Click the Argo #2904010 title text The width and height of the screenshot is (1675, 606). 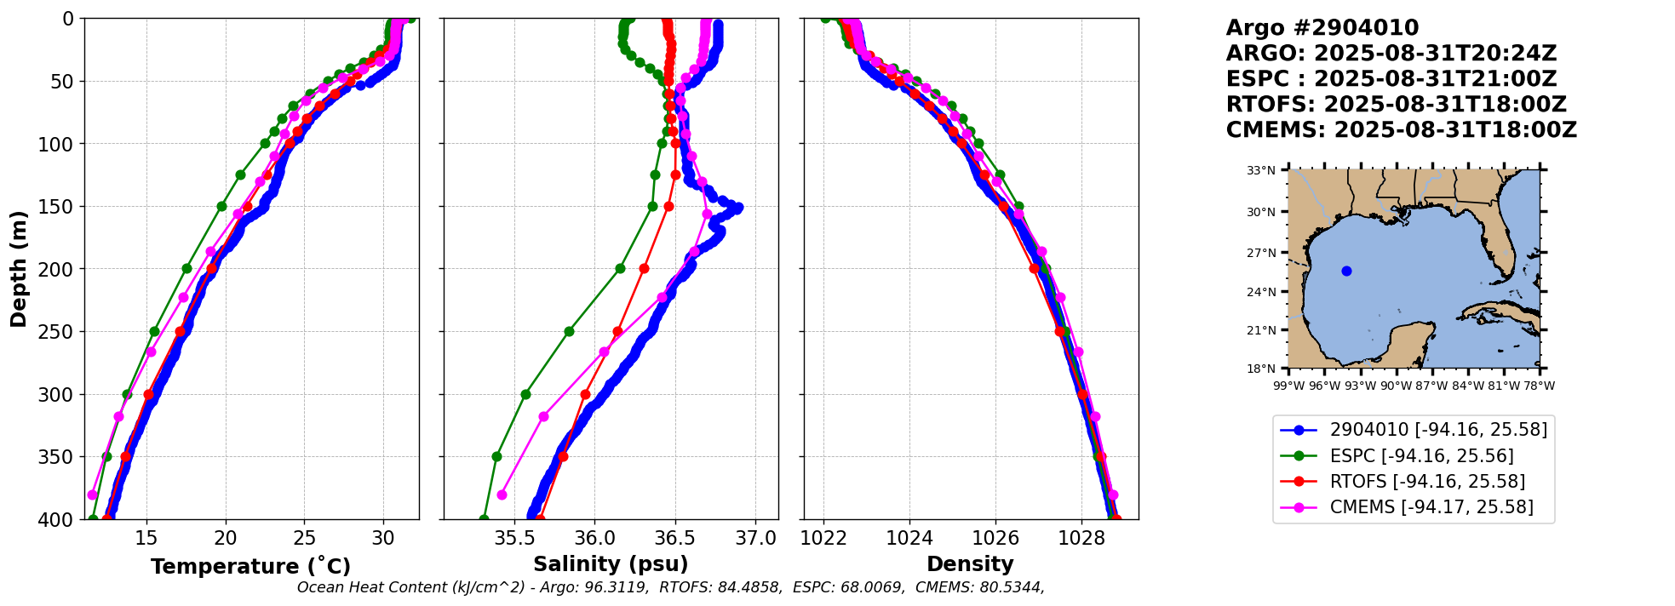(x=1322, y=28)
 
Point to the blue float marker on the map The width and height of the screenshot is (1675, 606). (x=1346, y=272)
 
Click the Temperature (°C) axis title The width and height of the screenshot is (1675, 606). (x=250, y=567)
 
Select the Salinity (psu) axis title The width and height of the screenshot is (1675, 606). (x=611, y=564)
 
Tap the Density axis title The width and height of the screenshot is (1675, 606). (x=970, y=564)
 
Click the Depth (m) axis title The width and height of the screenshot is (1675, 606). (x=19, y=268)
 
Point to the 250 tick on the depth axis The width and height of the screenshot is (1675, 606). (x=61, y=332)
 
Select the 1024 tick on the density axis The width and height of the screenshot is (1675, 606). (x=909, y=539)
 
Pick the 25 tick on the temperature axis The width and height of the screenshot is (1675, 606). (x=304, y=539)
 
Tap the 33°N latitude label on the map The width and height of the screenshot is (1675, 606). (x=1261, y=170)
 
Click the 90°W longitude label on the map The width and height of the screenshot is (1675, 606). (x=1396, y=386)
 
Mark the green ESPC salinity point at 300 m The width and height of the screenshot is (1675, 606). (x=525, y=394)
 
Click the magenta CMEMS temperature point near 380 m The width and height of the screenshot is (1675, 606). (x=92, y=495)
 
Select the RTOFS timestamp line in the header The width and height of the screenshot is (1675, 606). (x=1396, y=105)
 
